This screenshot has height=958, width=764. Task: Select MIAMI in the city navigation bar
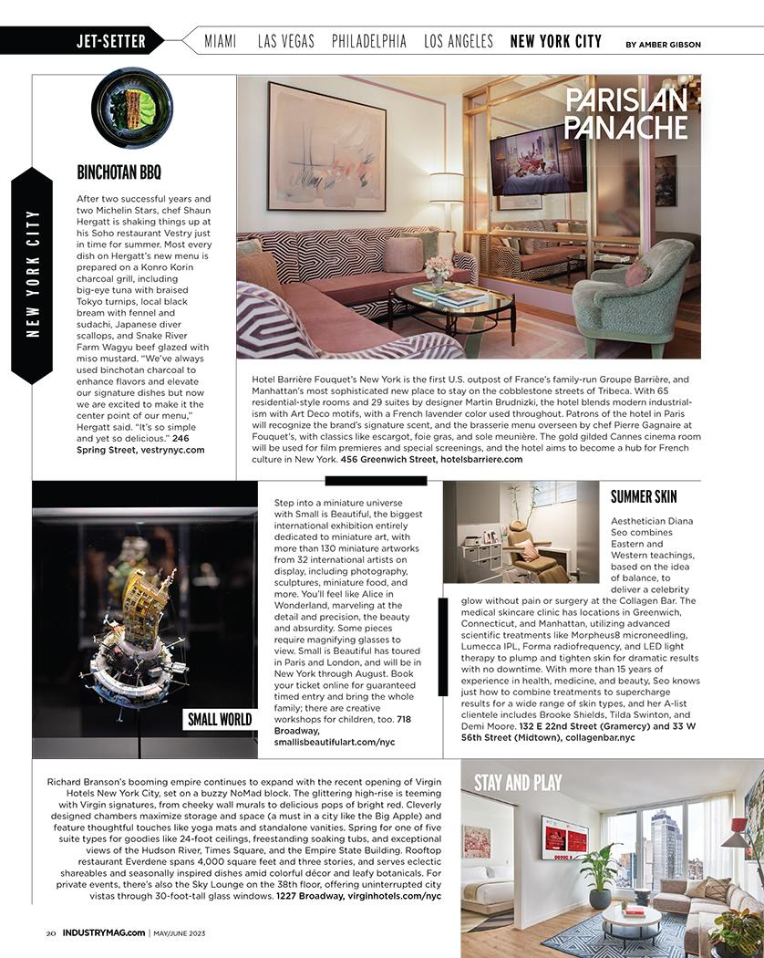(221, 41)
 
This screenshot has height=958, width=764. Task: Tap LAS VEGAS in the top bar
(285, 41)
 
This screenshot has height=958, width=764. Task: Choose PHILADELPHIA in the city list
(369, 41)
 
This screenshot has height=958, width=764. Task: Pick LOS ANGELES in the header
(459, 41)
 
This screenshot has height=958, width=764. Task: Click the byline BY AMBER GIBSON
(663, 44)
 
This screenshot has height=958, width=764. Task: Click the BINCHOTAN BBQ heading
(120, 172)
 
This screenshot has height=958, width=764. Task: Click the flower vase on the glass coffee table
(438, 268)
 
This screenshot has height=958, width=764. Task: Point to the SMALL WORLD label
(220, 719)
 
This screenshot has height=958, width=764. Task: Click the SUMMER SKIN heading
(644, 496)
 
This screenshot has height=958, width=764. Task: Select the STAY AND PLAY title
(517, 782)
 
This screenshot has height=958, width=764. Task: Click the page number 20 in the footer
(51, 932)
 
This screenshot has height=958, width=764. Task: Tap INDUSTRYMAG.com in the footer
(103, 932)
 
